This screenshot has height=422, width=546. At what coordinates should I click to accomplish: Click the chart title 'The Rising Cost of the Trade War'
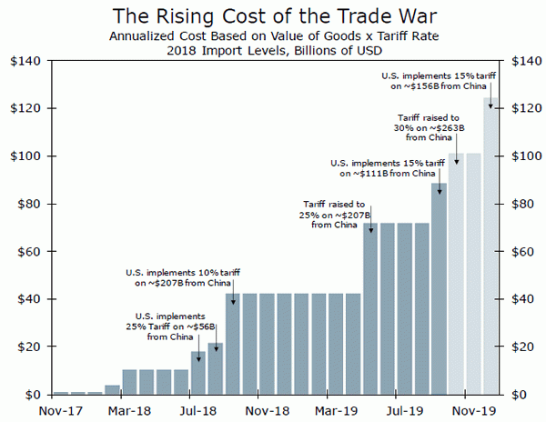(272, 15)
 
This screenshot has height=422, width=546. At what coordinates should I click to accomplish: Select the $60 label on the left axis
(24, 252)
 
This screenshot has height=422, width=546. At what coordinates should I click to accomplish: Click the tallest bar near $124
(490, 246)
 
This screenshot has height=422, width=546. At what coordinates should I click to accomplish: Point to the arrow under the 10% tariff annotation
(232, 296)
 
